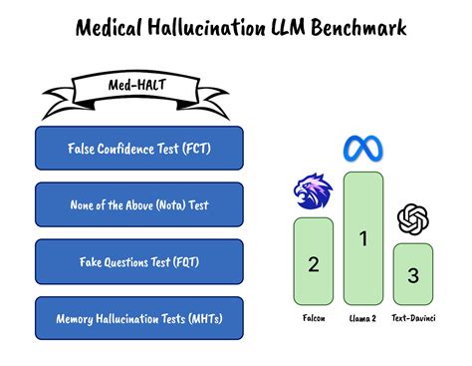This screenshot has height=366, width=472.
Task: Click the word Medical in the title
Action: click(x=113, y=27)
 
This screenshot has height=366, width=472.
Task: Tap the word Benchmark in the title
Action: click(x=355, y=27)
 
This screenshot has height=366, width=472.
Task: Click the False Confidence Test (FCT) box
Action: click(x=139, y=148)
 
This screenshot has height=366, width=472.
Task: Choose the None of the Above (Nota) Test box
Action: click(x=139, y=204)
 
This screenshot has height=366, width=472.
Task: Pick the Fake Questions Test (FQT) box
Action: click(x=139, y=261)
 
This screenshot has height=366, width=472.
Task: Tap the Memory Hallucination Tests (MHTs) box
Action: click(x=139, y=318)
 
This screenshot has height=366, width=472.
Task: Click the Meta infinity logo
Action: click(x=363, y=150)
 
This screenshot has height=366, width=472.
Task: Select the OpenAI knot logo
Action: click(x=412, y=218)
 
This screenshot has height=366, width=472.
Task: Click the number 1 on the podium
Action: click(x=363, y=237)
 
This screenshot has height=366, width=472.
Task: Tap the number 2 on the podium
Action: click(x=313, y=263)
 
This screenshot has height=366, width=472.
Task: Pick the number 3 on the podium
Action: click(x=412, y=275)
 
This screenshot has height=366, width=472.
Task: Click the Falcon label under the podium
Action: click(x=313, y=319)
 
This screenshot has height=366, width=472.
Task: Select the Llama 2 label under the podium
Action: click(x=363, y=319)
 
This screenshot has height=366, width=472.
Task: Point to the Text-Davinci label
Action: click(x=415, y=319)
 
